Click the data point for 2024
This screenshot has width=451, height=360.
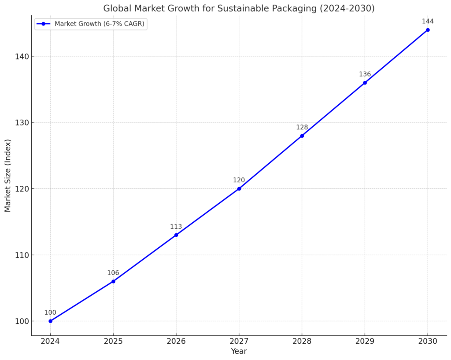[x=50, y=321]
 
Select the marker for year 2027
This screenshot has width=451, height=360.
[x=239, y=188]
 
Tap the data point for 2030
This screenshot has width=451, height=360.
[x=427, y=30]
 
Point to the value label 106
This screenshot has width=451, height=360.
[x=113, y=273]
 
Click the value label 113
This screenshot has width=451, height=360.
[x=176, y=227]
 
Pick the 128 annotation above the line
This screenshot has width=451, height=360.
[x=302, y=127]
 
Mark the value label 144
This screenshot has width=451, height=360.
[x=428, y=21]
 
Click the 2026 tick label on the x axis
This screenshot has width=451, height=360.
[x=176, y=342]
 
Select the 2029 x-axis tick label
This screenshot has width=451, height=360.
[x=365, y=342]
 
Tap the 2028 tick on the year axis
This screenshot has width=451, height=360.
[x=302, y=342]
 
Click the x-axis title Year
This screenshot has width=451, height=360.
[x=239, y=351]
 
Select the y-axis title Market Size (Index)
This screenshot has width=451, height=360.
[x=8, y=175]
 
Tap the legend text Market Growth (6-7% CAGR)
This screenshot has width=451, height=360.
[x=100, y=24]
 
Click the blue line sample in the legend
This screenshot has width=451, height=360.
[x=43, y=24]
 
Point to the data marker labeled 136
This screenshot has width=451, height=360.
[x=365, y=83]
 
